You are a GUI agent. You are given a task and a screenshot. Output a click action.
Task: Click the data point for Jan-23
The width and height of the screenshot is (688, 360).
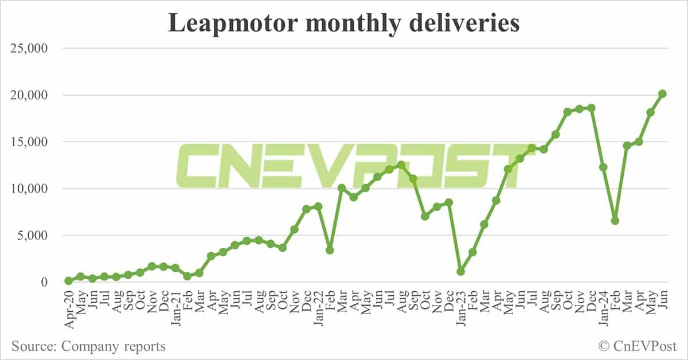pyautogui.click(x=460, y=271)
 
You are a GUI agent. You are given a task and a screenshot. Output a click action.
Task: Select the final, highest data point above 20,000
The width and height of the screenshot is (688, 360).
pyautogui.click(x=662, y=93)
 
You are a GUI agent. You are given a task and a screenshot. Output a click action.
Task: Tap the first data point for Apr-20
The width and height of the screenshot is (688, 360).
pyautogui.click(x=69, y=281)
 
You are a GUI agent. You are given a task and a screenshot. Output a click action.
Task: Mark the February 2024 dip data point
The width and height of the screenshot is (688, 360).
pyautogui.click(x=615, y=221)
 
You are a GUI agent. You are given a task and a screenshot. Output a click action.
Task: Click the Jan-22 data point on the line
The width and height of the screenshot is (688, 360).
pyautogui.click(x=318, y=206)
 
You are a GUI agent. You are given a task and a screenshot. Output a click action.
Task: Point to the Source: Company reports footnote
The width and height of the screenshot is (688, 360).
pyautogui.click(x=88, y=346)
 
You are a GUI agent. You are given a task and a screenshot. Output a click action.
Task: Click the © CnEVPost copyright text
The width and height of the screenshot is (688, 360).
pyautogui.click(x=637, y=346)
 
